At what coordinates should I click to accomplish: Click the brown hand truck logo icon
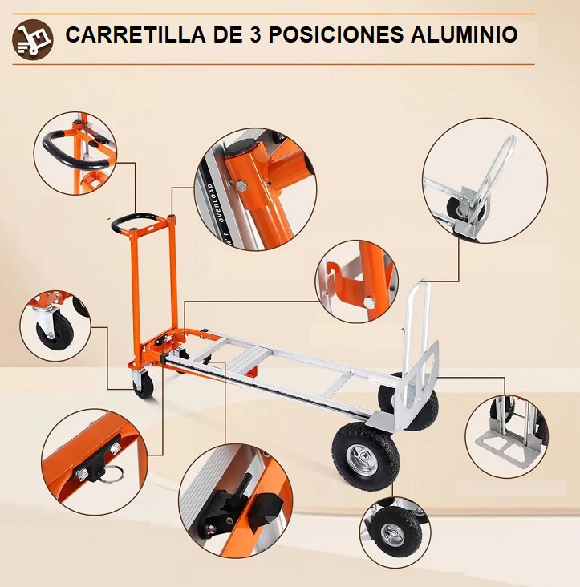[x=33, y=38]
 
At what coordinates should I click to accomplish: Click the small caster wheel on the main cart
[x=144, y=386]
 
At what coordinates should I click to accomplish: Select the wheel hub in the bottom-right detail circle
[x=392, y=533]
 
